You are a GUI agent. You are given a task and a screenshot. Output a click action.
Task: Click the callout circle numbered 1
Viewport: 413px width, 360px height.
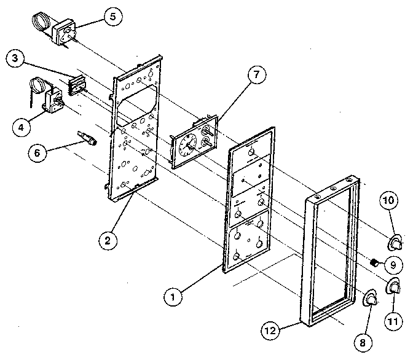[174, 297]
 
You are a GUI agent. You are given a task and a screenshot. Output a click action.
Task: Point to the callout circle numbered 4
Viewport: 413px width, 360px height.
[21, 128]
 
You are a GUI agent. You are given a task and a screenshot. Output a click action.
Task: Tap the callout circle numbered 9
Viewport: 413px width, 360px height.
[393, 265]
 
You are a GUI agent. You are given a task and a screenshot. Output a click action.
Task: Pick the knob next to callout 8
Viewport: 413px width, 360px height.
[371, 299]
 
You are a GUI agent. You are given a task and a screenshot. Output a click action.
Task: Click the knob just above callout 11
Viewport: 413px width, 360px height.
[391, 286]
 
